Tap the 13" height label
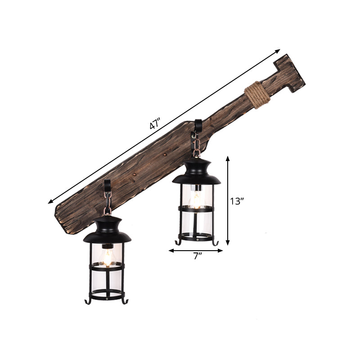pyautogui.click(x=237, y=201)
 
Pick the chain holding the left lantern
pyautogui.click(x=107, y=202)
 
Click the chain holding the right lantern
pyautogui.click(x=197, y=145)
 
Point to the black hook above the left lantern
pyautogui.click(x=107, y=185)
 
